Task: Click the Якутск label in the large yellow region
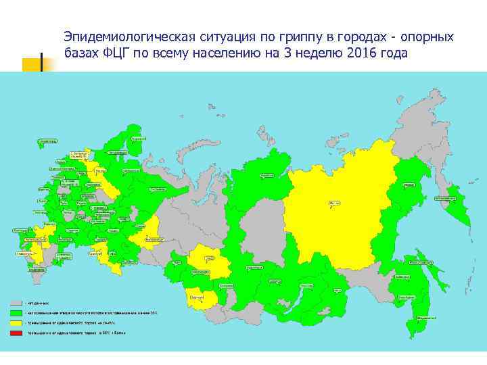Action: coord(334,202)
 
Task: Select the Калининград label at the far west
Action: coord(47,142)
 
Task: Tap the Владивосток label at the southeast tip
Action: coord(426,318)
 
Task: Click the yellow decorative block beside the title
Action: coord(32,64)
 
